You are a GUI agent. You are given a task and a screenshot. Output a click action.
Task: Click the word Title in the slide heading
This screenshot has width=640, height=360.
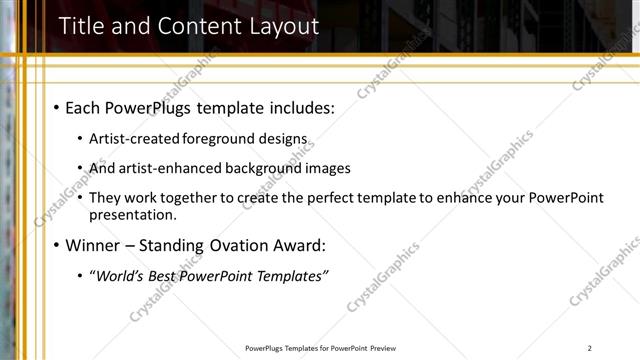(81, 27)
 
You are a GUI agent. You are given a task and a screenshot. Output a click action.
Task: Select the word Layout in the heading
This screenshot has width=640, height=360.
(281, 27)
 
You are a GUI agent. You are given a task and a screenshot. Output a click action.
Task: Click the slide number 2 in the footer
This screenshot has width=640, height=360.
(590, 348)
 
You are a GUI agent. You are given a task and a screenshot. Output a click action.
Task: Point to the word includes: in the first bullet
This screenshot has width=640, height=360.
(301, 107)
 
